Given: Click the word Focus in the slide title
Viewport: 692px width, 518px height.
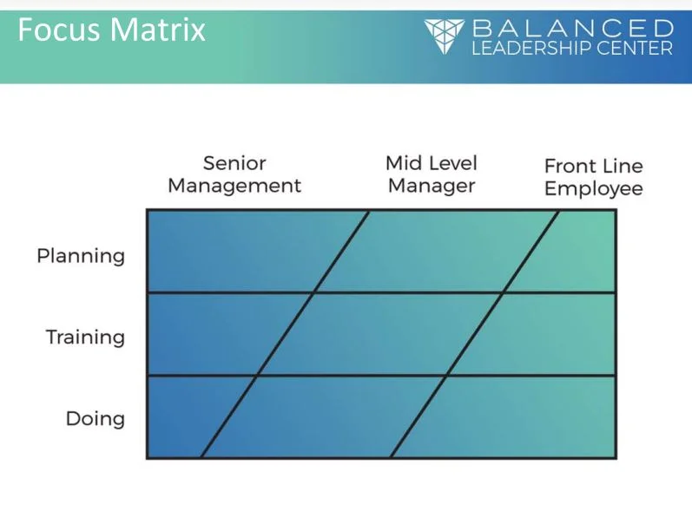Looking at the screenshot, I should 57,31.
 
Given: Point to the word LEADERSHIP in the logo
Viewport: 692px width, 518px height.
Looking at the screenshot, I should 531,48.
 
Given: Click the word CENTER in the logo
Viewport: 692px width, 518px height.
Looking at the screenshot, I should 635,48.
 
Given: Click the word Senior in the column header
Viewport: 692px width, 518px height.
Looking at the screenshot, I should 234,163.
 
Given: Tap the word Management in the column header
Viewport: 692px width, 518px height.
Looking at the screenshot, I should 234,186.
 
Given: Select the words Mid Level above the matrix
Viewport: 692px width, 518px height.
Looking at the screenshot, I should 432,163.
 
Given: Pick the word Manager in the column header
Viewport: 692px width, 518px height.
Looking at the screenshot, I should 432,186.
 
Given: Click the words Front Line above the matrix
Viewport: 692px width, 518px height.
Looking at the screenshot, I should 593,166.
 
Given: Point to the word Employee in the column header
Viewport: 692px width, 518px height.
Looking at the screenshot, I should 593,188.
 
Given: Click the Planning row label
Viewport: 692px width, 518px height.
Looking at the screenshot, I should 81,256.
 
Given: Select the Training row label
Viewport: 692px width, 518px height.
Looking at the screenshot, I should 85,337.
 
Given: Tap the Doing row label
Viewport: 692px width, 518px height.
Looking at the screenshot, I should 96,419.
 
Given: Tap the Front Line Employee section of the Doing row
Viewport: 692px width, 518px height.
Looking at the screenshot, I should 512,416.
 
